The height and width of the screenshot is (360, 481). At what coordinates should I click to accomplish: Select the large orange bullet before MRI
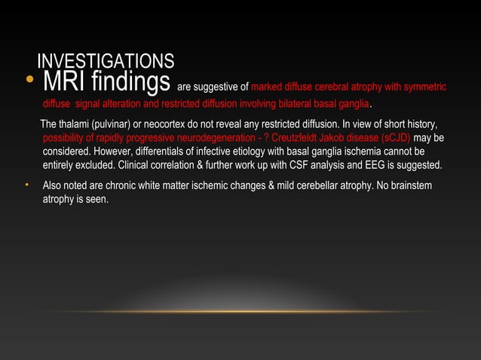29,81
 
